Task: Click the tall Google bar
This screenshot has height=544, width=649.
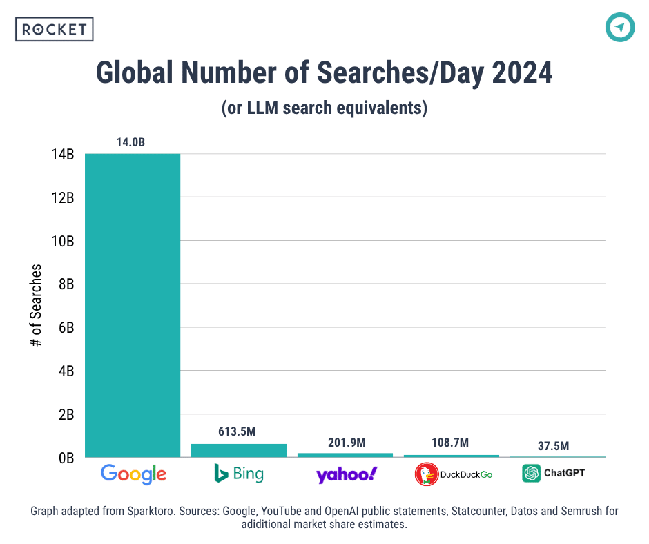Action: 133,304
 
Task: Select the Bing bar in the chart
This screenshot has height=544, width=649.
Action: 239,450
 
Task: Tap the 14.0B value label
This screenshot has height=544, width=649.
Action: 130,143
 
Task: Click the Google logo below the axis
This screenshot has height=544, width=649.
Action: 133,474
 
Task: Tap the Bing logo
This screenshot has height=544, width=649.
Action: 239,474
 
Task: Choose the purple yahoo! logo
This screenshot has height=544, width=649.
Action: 347,474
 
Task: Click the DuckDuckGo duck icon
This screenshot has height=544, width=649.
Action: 427,474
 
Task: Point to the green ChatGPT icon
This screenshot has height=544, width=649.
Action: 532,474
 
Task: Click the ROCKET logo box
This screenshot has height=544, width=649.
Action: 54,29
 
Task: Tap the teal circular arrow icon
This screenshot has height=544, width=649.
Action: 619,28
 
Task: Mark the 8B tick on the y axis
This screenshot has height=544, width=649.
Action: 64,284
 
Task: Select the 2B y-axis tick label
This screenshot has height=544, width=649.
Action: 64,415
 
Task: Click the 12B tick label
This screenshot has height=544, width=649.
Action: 62,198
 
